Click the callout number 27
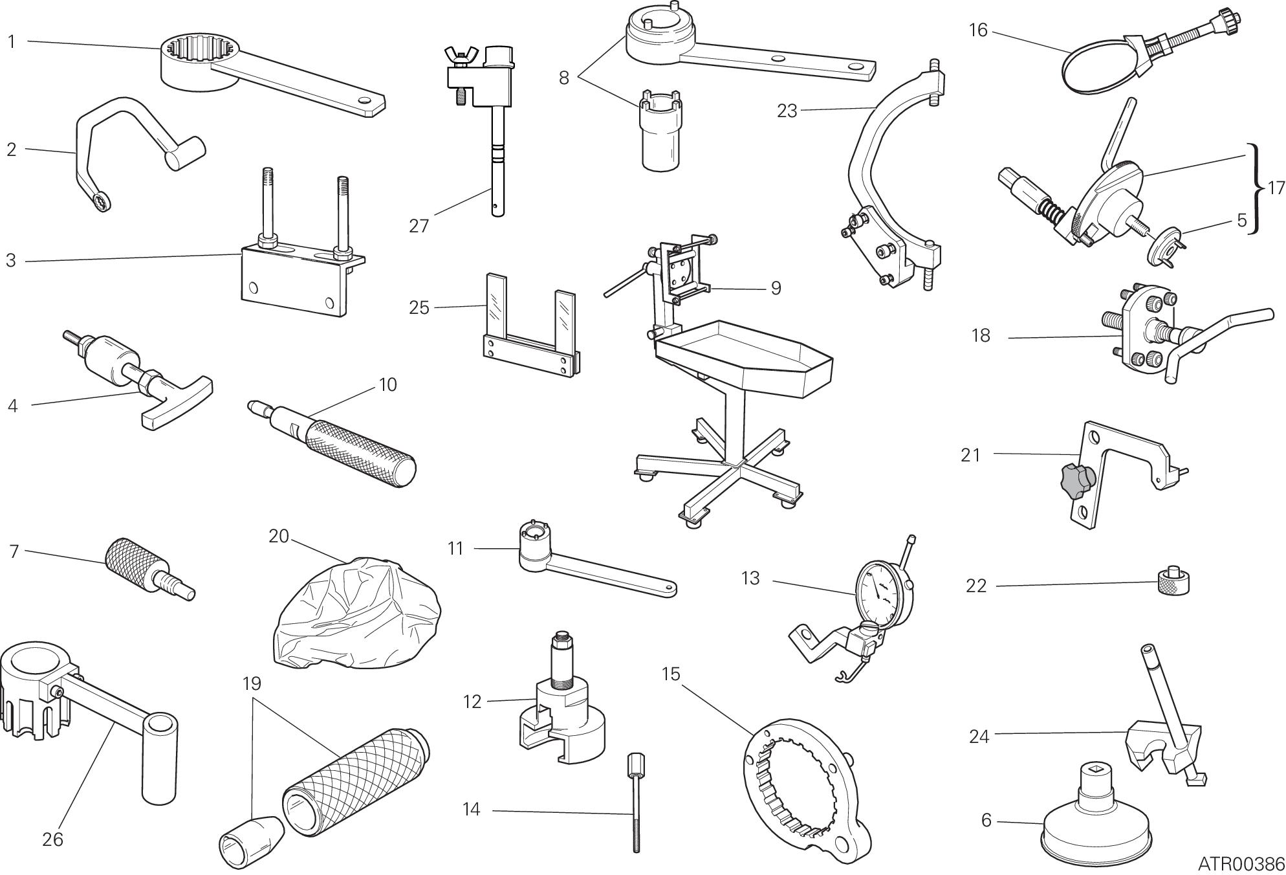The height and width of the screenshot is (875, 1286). tap(419, 226)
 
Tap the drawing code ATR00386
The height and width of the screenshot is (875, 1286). tap(1241, 863)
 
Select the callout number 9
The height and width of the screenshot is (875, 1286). tap(776, 288)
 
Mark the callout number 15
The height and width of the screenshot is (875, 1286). tap(671, 674)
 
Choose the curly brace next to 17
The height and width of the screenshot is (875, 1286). tap(1256, 188)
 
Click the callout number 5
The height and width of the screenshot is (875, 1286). tap(1241, 220)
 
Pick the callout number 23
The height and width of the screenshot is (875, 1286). tap(787, 111)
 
